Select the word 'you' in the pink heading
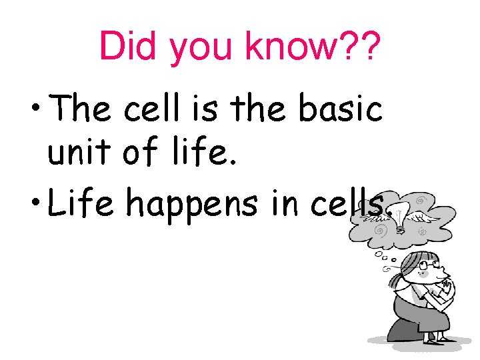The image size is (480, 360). click(x=201, y=48)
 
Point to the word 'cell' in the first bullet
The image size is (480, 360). click(x=151, y=108)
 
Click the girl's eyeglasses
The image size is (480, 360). click(x=431, y=267)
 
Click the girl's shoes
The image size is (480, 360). click(x=444, y=340)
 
